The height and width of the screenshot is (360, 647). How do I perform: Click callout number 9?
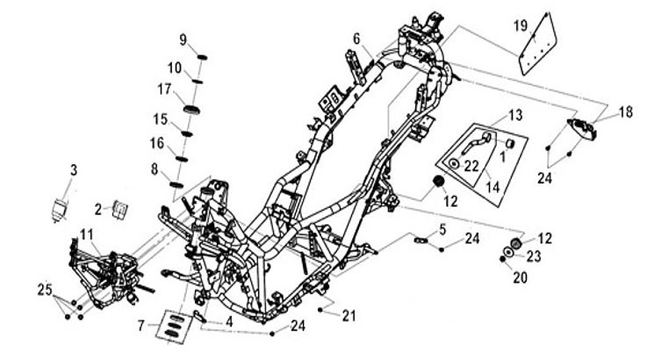click(184, 39)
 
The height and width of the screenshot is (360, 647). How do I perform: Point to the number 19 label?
click(521, 25)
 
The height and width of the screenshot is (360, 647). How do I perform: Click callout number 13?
click(515, 115)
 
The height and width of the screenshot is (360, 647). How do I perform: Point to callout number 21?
click(350, 314)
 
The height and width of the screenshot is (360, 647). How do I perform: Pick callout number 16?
click(157, 142)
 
